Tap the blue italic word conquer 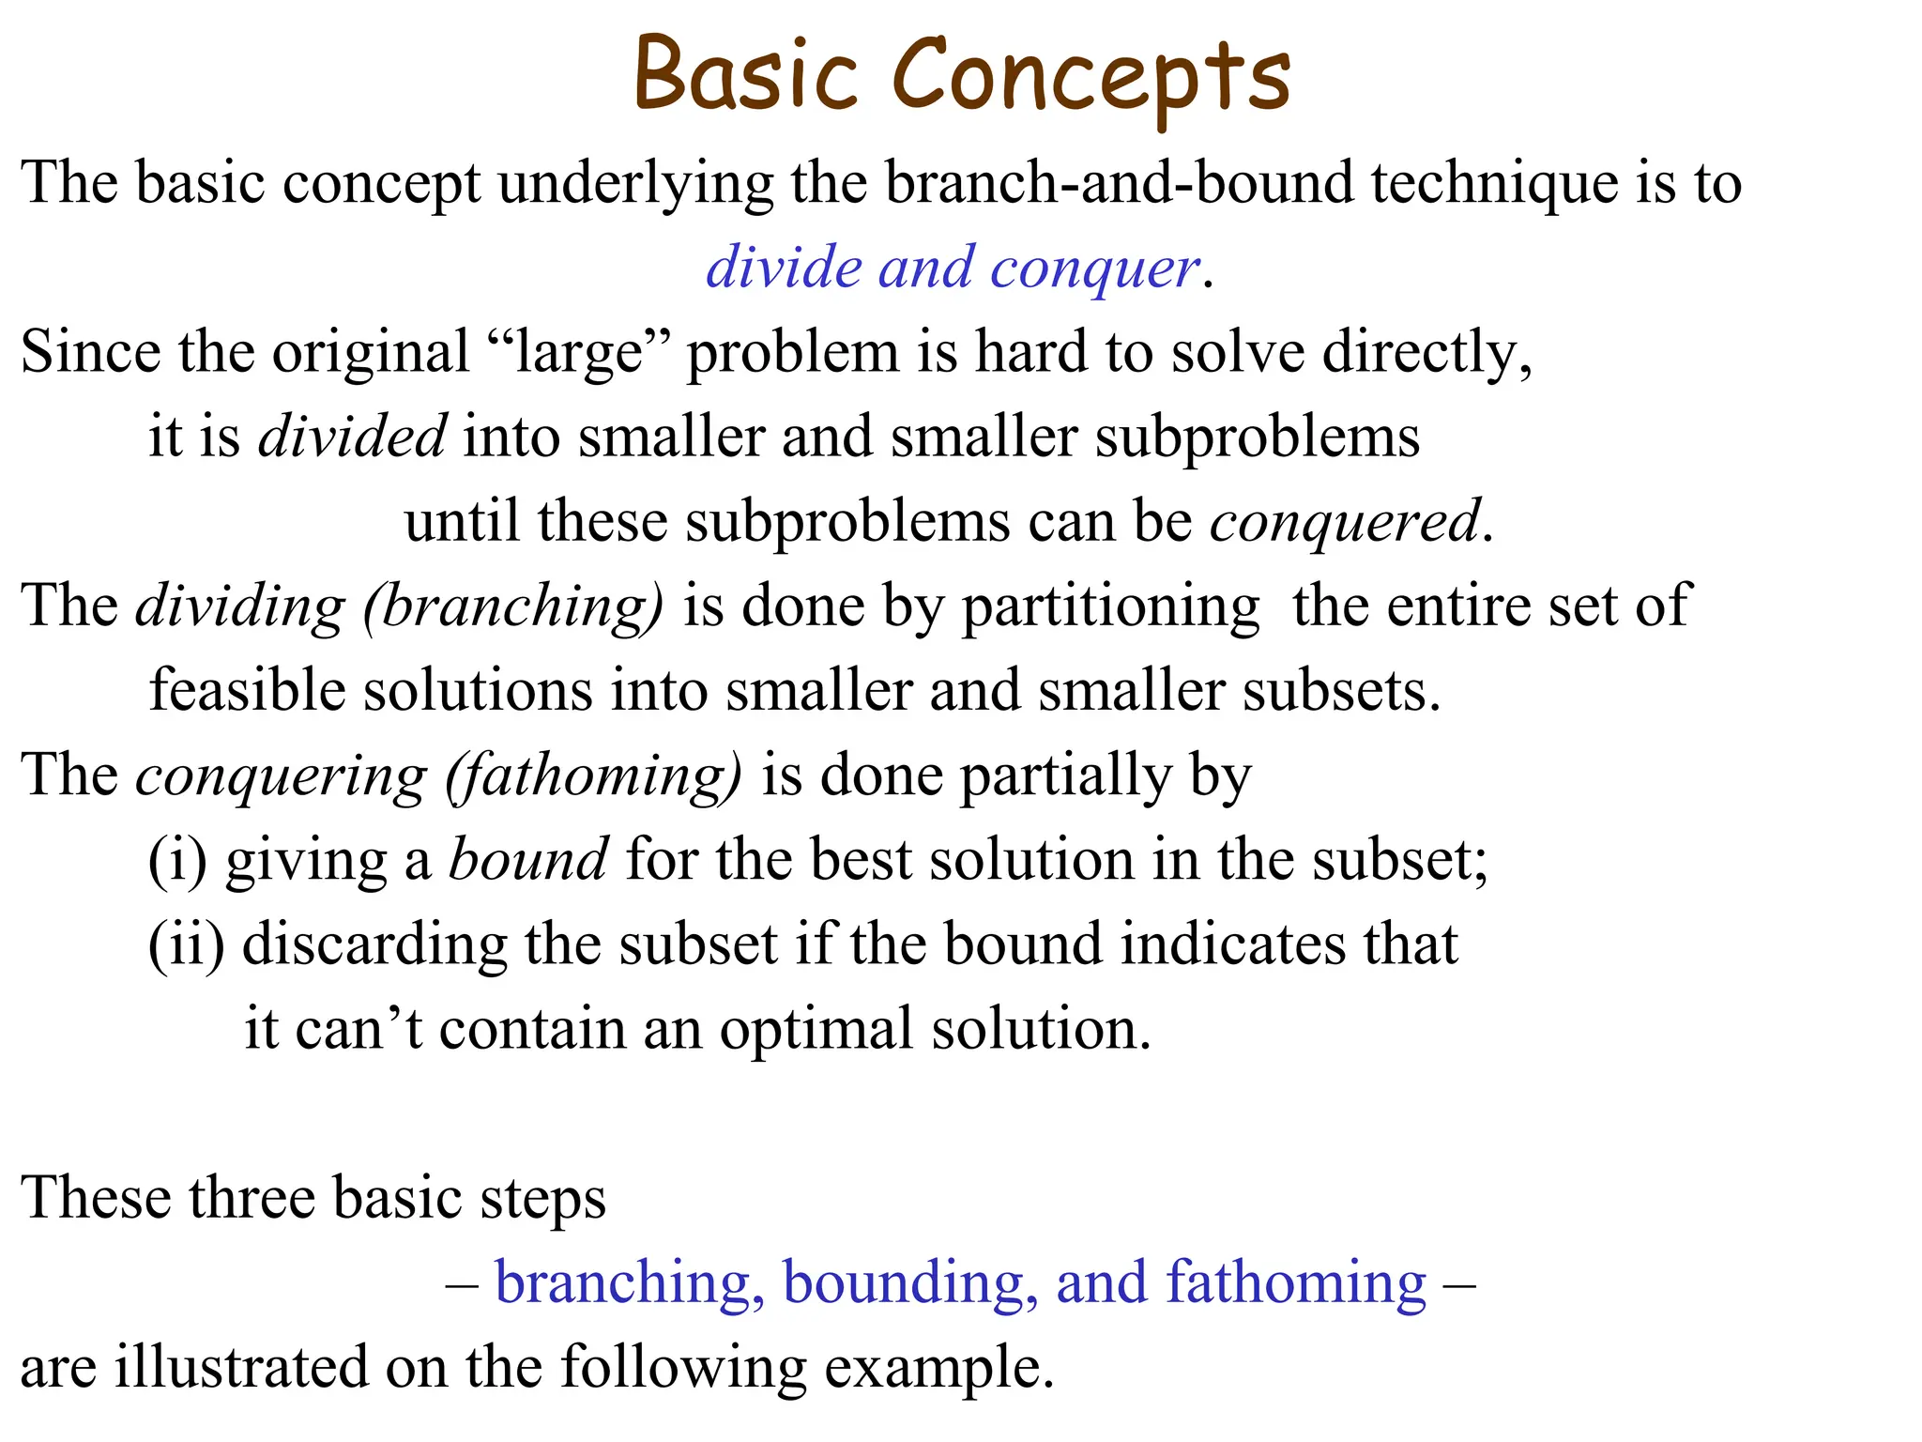coord(1094,268)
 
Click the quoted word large coord(579,354)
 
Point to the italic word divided coord(352,437)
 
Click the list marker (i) coord(177,861)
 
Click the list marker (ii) coord(187,945)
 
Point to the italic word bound coord(527,860)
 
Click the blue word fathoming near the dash coord(1295,1283)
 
